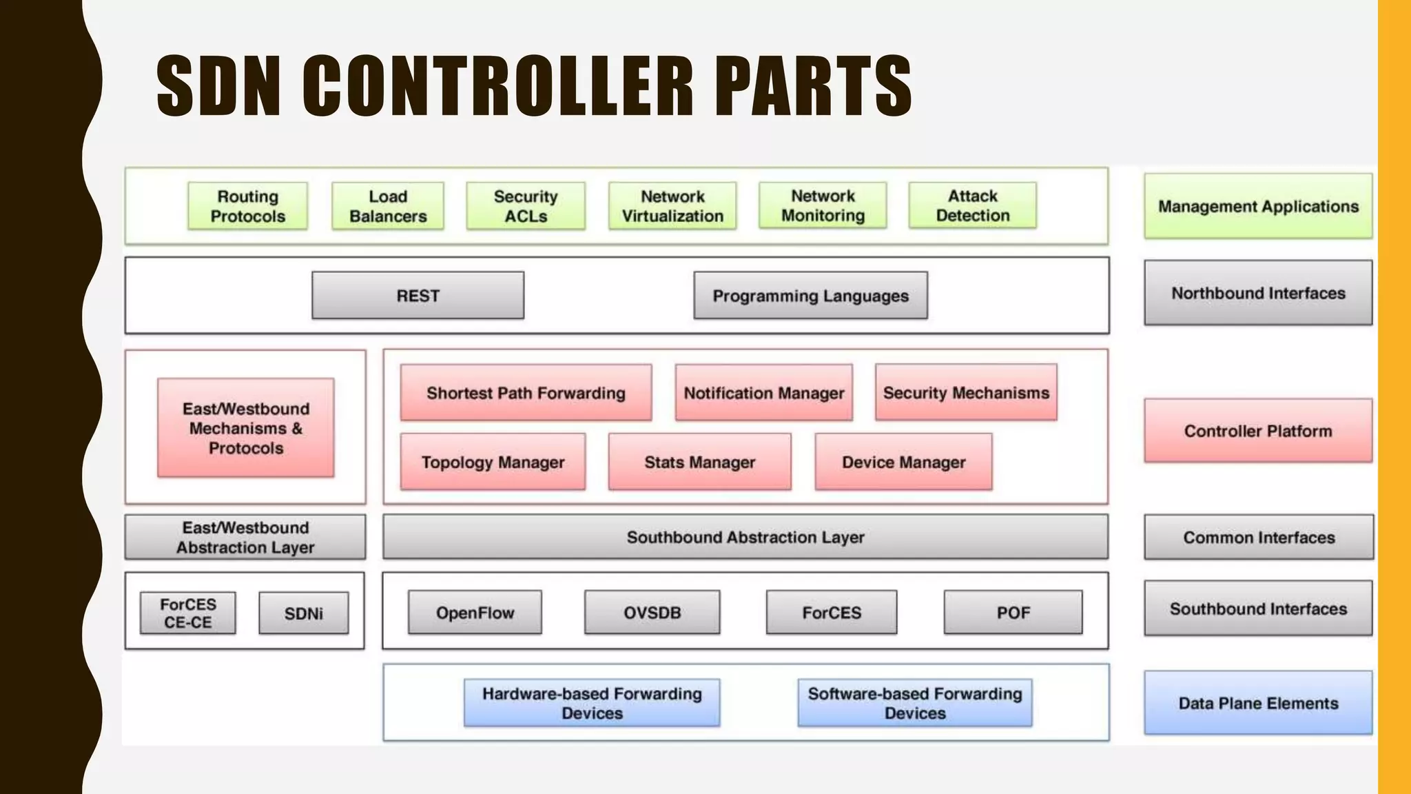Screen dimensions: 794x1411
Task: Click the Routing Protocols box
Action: click(247, 206)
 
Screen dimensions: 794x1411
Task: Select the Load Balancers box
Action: click(388, 206)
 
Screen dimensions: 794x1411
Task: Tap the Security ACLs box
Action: click(526, 206)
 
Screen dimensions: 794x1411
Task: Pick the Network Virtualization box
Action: click(672, 206)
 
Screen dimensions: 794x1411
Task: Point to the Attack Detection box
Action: click(972, 205)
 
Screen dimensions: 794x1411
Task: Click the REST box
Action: click(418, 296)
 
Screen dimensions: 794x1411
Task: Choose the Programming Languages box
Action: click(810, 296)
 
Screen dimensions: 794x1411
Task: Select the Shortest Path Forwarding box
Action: click(526, 393)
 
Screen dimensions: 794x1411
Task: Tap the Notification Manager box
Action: click(763, 393)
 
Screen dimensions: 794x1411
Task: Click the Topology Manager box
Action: click(493, 462)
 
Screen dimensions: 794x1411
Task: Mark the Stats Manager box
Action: click(699, 462)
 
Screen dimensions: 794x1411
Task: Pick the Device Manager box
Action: click(903, 462)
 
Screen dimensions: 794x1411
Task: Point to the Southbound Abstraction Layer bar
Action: click(745, 537)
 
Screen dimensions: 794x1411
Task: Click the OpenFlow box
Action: click(475, 612)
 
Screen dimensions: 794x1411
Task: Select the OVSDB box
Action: click(652, 612)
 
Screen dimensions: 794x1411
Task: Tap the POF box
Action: click(1013, 612)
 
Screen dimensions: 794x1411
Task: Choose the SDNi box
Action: click(303, 613)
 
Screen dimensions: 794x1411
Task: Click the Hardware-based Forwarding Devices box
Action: click(592, 703)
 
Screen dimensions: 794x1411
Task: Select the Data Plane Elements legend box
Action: click(1258, 703)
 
